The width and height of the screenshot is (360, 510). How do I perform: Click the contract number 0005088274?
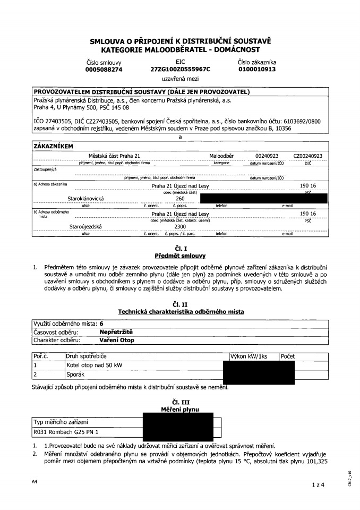pyautogui.click(x=104, y=69)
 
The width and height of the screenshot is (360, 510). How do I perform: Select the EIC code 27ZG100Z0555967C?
pyautogui.click(x=180, y=69)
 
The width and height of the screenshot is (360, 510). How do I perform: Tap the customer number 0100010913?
pyautogui.click(x=257, y=69)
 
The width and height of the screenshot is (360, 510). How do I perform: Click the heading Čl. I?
pyautogui.click(x=180, y=249)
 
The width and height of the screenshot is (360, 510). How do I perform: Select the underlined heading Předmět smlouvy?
pyautogui.click(x=180, y=256)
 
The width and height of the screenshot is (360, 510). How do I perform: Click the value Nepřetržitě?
pyautogui.click(x=116, y=331)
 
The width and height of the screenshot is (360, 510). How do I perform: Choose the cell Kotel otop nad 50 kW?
pyautogui.click(x=94, y=365)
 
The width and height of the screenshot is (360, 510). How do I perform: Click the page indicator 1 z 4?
pyautogui.click(x=316, y=484)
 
